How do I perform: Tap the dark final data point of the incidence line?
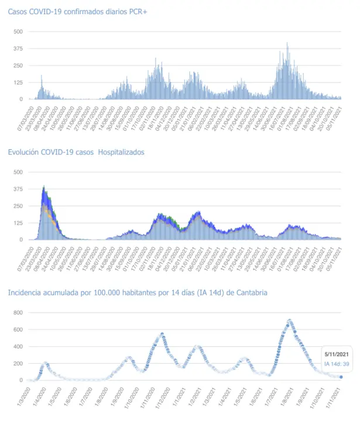341,377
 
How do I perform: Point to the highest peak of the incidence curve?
289,320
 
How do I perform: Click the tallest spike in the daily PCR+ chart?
287,43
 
